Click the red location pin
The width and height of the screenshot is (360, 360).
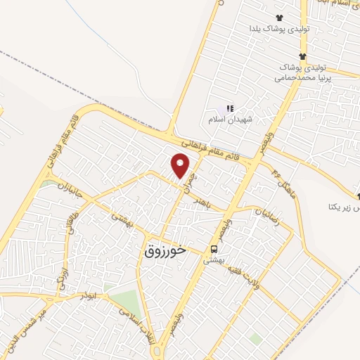181,166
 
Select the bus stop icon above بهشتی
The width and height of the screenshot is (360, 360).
213,249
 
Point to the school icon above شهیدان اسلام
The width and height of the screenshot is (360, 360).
229,108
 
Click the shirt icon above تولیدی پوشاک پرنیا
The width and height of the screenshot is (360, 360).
302,56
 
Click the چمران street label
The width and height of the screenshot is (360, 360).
188,176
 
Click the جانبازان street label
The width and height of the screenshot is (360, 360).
70,191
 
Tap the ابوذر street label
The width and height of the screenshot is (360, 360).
89,296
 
